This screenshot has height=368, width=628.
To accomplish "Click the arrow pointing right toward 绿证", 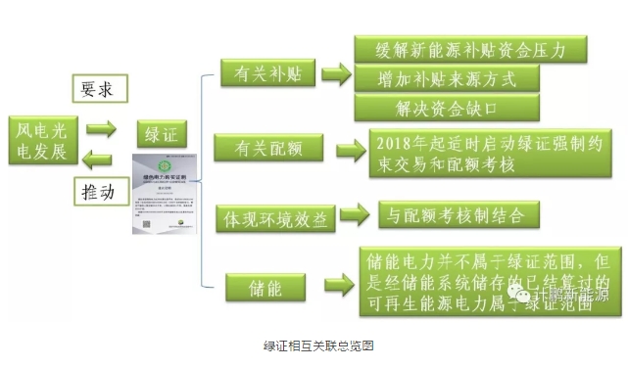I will [x=100, y=127].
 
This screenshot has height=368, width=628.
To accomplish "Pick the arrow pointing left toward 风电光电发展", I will [x=99, y=158].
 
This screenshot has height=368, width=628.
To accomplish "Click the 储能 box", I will [x=266, y=287].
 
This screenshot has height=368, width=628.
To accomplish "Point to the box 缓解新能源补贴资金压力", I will [x=457, y=50].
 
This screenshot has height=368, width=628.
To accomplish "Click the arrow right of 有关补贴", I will [x=336, y=73].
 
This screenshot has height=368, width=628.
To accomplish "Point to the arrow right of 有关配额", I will [x=350, y=150].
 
